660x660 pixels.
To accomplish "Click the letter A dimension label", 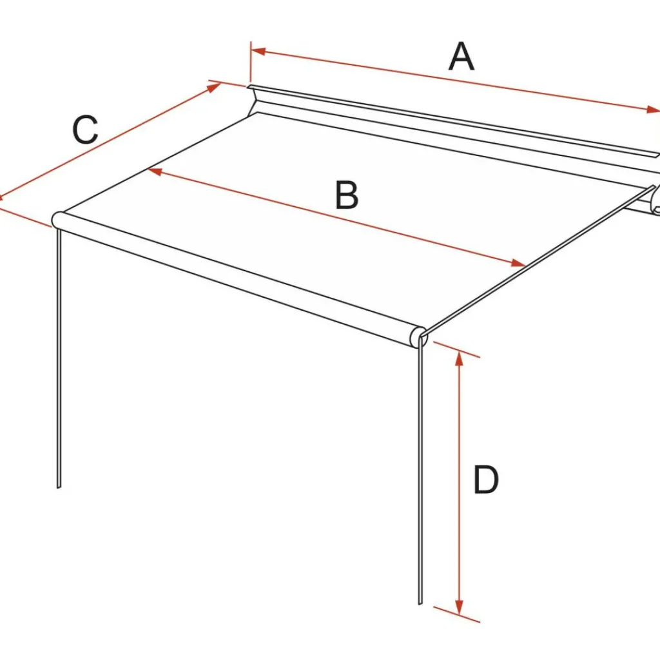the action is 461,57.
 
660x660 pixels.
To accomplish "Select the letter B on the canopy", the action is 347,195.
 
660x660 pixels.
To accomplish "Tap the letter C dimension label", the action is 86,129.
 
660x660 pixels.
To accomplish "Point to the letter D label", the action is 486,480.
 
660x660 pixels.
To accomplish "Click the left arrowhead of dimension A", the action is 258,52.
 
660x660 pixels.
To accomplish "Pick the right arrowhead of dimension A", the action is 652,110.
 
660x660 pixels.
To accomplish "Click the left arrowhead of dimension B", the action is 155,171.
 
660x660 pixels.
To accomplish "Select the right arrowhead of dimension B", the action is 518,264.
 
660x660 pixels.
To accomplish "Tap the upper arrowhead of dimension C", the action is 214,88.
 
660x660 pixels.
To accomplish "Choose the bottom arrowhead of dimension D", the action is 459,607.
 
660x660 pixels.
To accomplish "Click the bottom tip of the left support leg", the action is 59,487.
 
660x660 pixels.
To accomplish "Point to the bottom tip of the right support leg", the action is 420,603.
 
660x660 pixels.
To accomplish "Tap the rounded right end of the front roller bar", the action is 419,336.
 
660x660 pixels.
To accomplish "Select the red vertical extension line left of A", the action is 251,62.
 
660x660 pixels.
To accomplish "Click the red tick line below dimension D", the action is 457,614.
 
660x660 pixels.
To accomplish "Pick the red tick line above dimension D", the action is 457,349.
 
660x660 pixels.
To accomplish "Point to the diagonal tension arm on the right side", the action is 539,260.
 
